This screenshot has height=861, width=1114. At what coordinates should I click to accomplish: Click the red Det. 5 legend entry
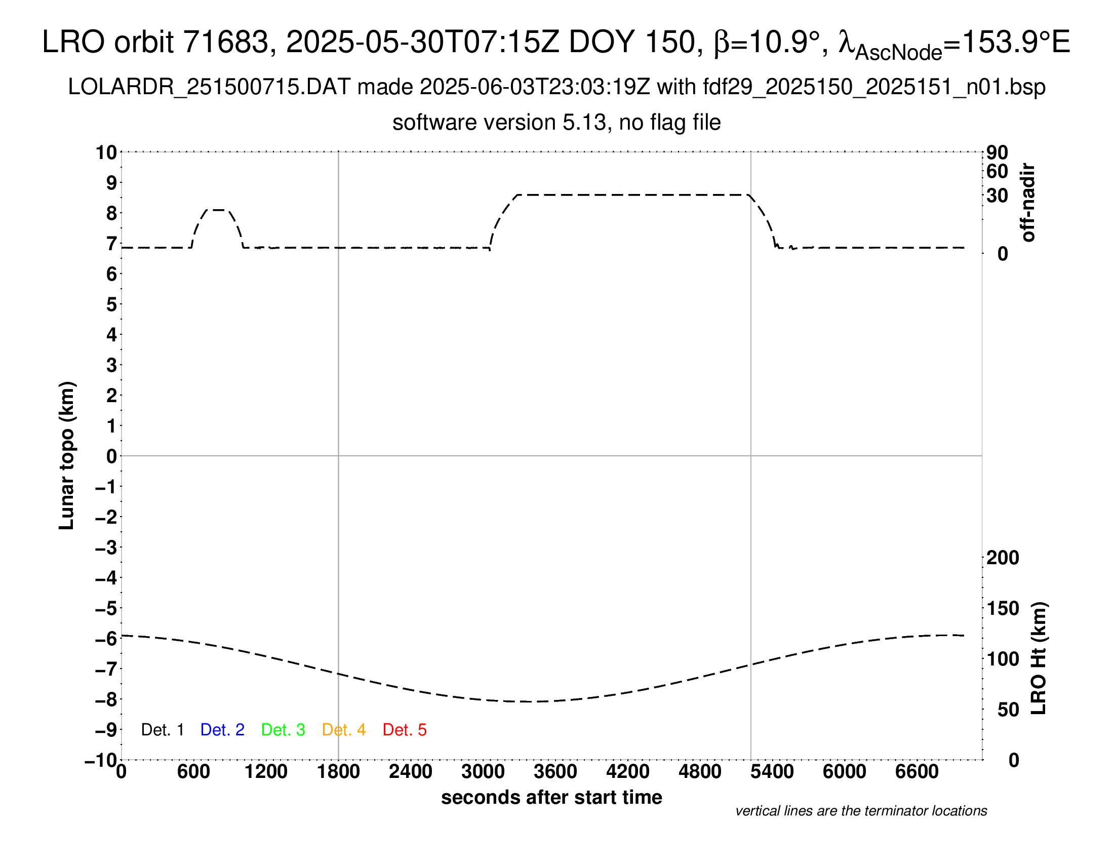coord(405,729)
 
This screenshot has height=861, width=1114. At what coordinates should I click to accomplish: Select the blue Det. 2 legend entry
coord(222,729)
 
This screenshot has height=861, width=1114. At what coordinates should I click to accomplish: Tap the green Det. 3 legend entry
coord(283,729)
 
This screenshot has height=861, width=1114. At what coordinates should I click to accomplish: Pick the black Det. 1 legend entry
coord(162,729)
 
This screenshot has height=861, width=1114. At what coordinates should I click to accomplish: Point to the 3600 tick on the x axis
coord(555,771)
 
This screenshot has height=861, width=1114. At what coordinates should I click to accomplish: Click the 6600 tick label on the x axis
coord(917,771)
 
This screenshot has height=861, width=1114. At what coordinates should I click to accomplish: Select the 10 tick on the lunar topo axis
coord(106,152)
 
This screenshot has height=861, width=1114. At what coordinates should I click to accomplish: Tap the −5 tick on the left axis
coord(106,608)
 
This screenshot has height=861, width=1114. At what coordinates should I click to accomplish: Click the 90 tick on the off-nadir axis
coord(997,152)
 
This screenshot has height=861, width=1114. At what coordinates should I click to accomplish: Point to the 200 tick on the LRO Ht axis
coord(1003,558)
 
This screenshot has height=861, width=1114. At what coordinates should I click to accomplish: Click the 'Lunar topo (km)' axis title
coord(67,455)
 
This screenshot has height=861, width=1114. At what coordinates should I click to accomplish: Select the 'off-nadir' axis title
coord(1028,203)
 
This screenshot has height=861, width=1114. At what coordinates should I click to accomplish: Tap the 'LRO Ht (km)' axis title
coord(1039,658)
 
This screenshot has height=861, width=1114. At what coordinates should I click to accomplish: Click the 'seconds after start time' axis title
coord(551,797)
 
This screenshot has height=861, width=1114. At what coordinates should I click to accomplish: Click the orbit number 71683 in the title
coord(225,42)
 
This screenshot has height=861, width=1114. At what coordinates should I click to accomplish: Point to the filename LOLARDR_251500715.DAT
coord(209,87)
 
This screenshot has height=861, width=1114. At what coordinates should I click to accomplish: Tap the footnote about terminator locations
coord(861,811)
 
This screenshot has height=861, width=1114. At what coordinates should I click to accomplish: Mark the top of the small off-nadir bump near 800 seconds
coord(218,210)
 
